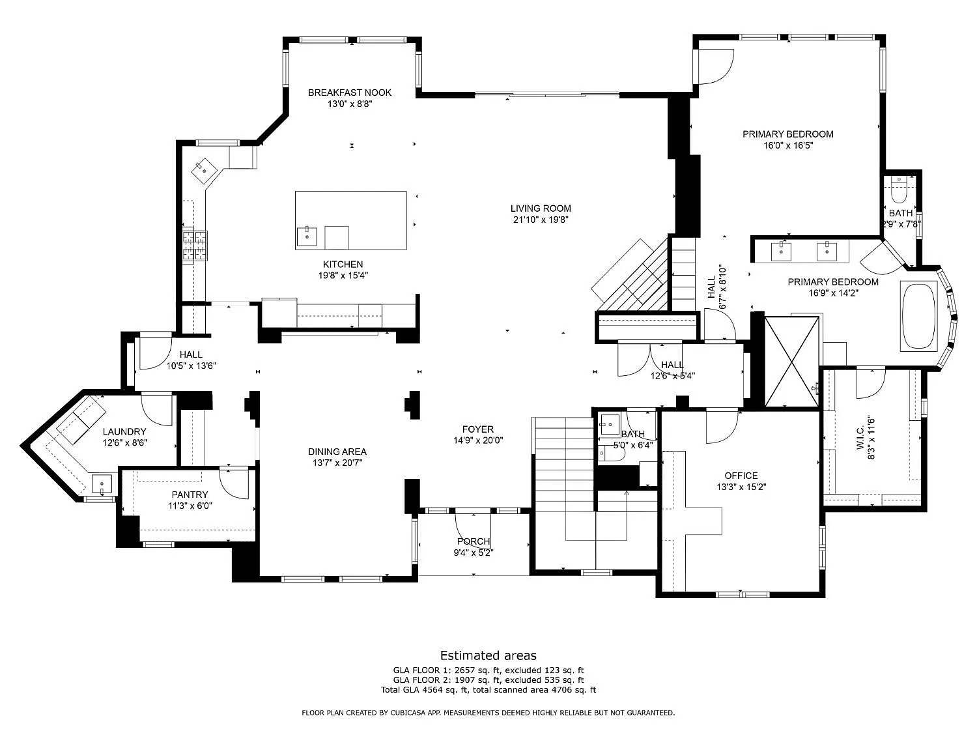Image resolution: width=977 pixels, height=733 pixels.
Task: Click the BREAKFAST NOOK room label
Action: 349,93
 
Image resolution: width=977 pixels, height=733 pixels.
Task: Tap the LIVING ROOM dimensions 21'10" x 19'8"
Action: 541,220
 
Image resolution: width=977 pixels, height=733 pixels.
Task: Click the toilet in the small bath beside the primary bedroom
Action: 899,190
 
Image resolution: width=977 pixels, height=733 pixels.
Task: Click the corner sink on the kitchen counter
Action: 205,171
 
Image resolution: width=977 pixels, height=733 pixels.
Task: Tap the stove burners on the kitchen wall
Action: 195,245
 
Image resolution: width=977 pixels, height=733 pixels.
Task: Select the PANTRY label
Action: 190,495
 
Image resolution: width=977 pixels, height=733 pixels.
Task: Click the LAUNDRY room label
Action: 124,431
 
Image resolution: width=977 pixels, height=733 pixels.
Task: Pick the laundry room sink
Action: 102,484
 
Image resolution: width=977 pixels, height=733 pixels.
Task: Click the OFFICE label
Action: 741,476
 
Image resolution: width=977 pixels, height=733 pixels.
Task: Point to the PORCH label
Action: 474,541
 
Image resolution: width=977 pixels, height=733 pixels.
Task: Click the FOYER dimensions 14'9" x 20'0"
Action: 478,440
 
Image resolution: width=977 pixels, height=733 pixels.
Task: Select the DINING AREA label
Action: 337,452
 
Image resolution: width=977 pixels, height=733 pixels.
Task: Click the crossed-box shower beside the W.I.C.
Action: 792,361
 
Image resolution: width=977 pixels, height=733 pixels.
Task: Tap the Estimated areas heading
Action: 488,655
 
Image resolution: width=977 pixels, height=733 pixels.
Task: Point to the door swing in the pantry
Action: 234,483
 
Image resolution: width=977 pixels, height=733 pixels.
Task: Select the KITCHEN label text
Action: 343,264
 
